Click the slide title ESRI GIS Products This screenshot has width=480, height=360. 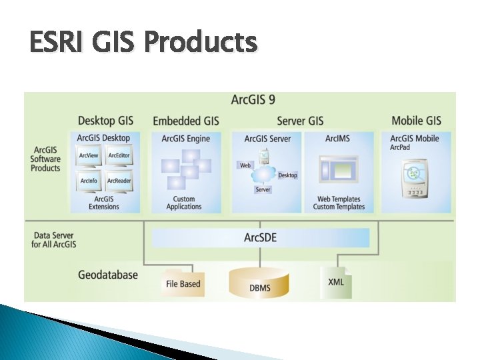pyautogui.click(x=143, y=43)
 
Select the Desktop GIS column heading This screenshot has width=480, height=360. pyautogui.click(x=105, y=121)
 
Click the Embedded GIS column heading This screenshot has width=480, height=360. pyautogui.click(x=185, y=121)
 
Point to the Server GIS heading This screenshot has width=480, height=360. pyautogui.click(x=300, y=121)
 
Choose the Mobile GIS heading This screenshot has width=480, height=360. pyautogui.click(x=416, y=121)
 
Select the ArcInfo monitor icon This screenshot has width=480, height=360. pyautogui.click(x=89, y=181)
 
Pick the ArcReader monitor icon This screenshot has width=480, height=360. pyautogui.click(x=119, y=181)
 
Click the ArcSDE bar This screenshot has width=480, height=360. pyautogui.click(x=260, y=238)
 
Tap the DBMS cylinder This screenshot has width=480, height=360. pyautogui.click(x=259, y=283)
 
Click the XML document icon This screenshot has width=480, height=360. pyautogui.click(x=336, y=281)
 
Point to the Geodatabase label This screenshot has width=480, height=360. pyautogui.click(x=108, y=275)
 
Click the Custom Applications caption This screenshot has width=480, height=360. pyautogui.click(x=184, y=203)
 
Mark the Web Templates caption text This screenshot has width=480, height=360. pyautogui.click(x=339, y=199)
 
